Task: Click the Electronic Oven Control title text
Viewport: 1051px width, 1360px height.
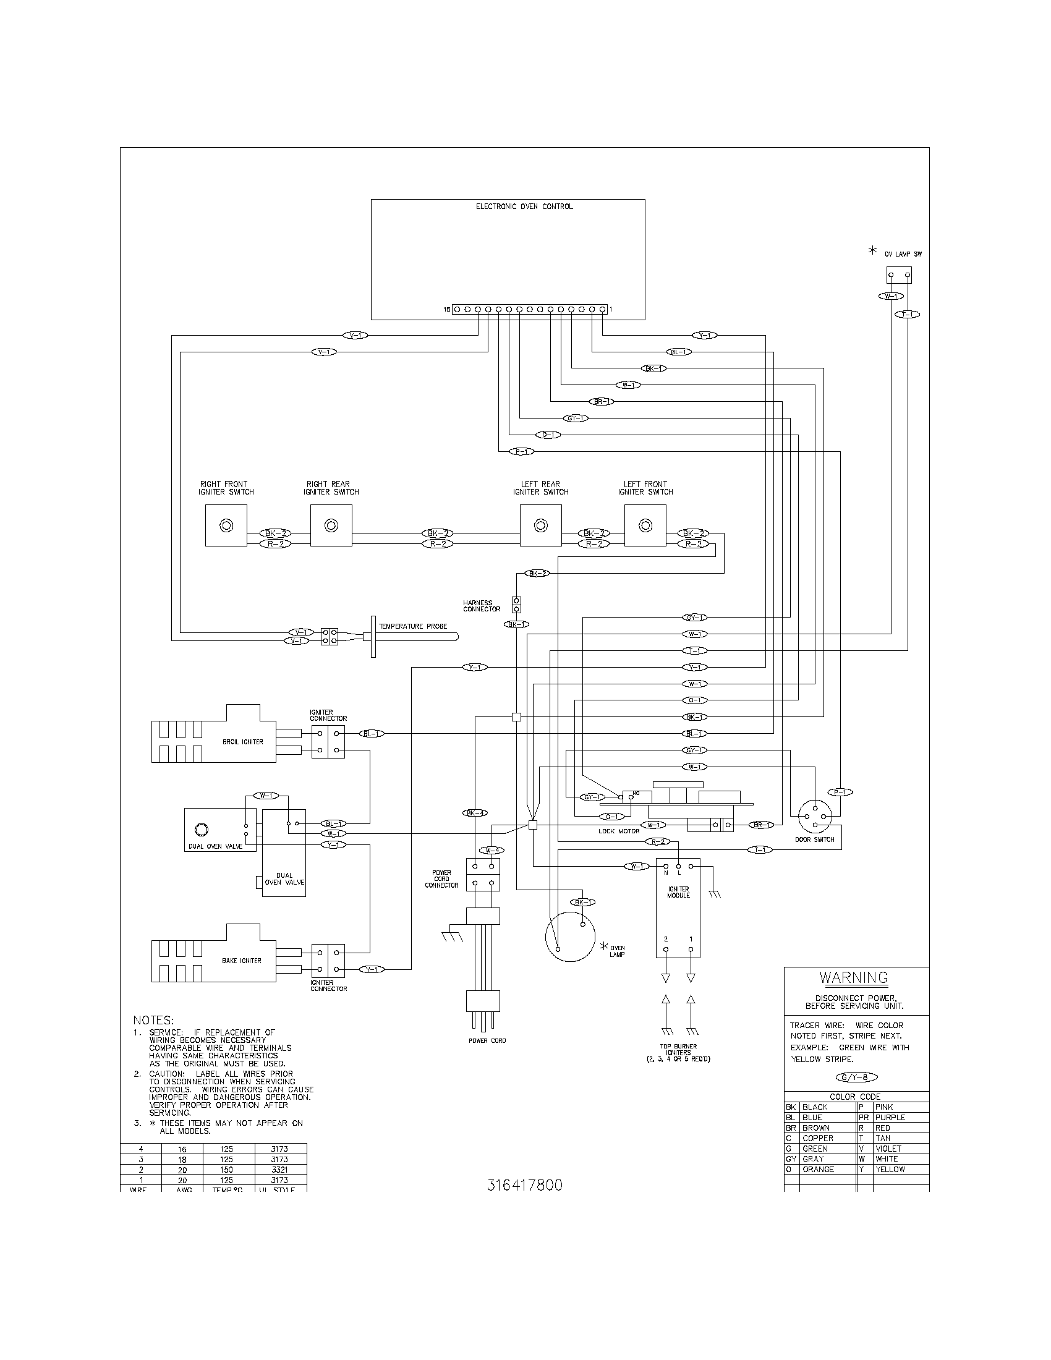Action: click(x=524, y=206)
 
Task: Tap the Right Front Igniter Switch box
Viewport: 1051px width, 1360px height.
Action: click(x=226, y=525)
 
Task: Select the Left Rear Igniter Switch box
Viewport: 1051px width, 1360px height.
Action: click(x=540, y=525)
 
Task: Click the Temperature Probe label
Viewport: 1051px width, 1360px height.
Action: click(x=413, y=626)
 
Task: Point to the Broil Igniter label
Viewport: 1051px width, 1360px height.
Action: click(x=243, y=742)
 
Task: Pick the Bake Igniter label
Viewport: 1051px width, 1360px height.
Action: click(x=242, y=961)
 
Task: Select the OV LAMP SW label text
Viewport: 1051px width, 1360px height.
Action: click(x=903, y=254)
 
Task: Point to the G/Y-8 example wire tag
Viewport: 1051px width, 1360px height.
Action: click(x=856, y=1078)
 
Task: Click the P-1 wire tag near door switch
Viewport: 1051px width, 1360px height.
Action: click(x=840, y=792)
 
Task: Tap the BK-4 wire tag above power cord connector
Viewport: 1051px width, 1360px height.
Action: click(x=475, y=813)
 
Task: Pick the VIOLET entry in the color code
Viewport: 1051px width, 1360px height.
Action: click(x=888, y=1149)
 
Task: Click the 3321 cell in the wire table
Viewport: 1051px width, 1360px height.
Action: click(x=279, y=1170)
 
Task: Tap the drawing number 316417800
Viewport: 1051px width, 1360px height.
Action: click(x=524, y=1185)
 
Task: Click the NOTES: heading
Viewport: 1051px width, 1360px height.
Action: click(x=153, y=1021)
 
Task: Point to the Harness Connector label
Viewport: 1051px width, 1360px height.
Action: click(x=481, y=606)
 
